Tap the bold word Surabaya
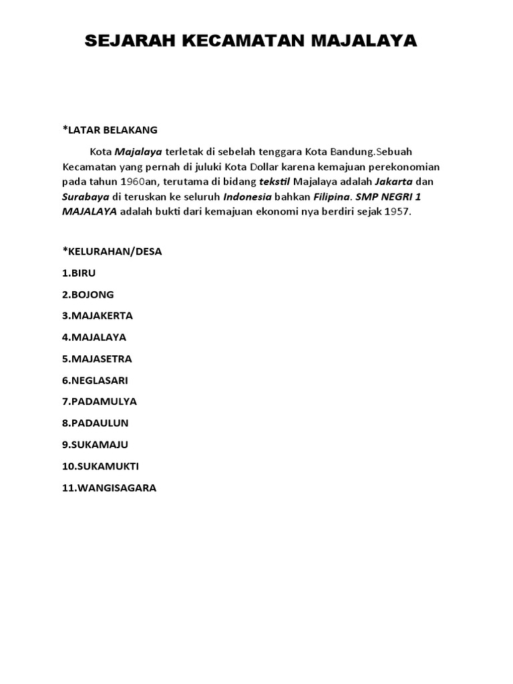click(x=85, y=197)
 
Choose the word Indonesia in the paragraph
click(x=247, y=197)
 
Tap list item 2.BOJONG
click(x=88, y=295)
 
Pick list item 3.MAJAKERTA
click(x=98, y=316)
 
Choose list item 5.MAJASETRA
click(x=97, y=359)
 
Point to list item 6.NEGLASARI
click(x=95, y=380)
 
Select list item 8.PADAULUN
click(x=95, y=423)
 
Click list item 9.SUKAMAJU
click(x=95, y=444)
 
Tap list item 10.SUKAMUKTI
click(x=100, y=466)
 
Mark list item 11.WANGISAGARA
click(x=109, y=488)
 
